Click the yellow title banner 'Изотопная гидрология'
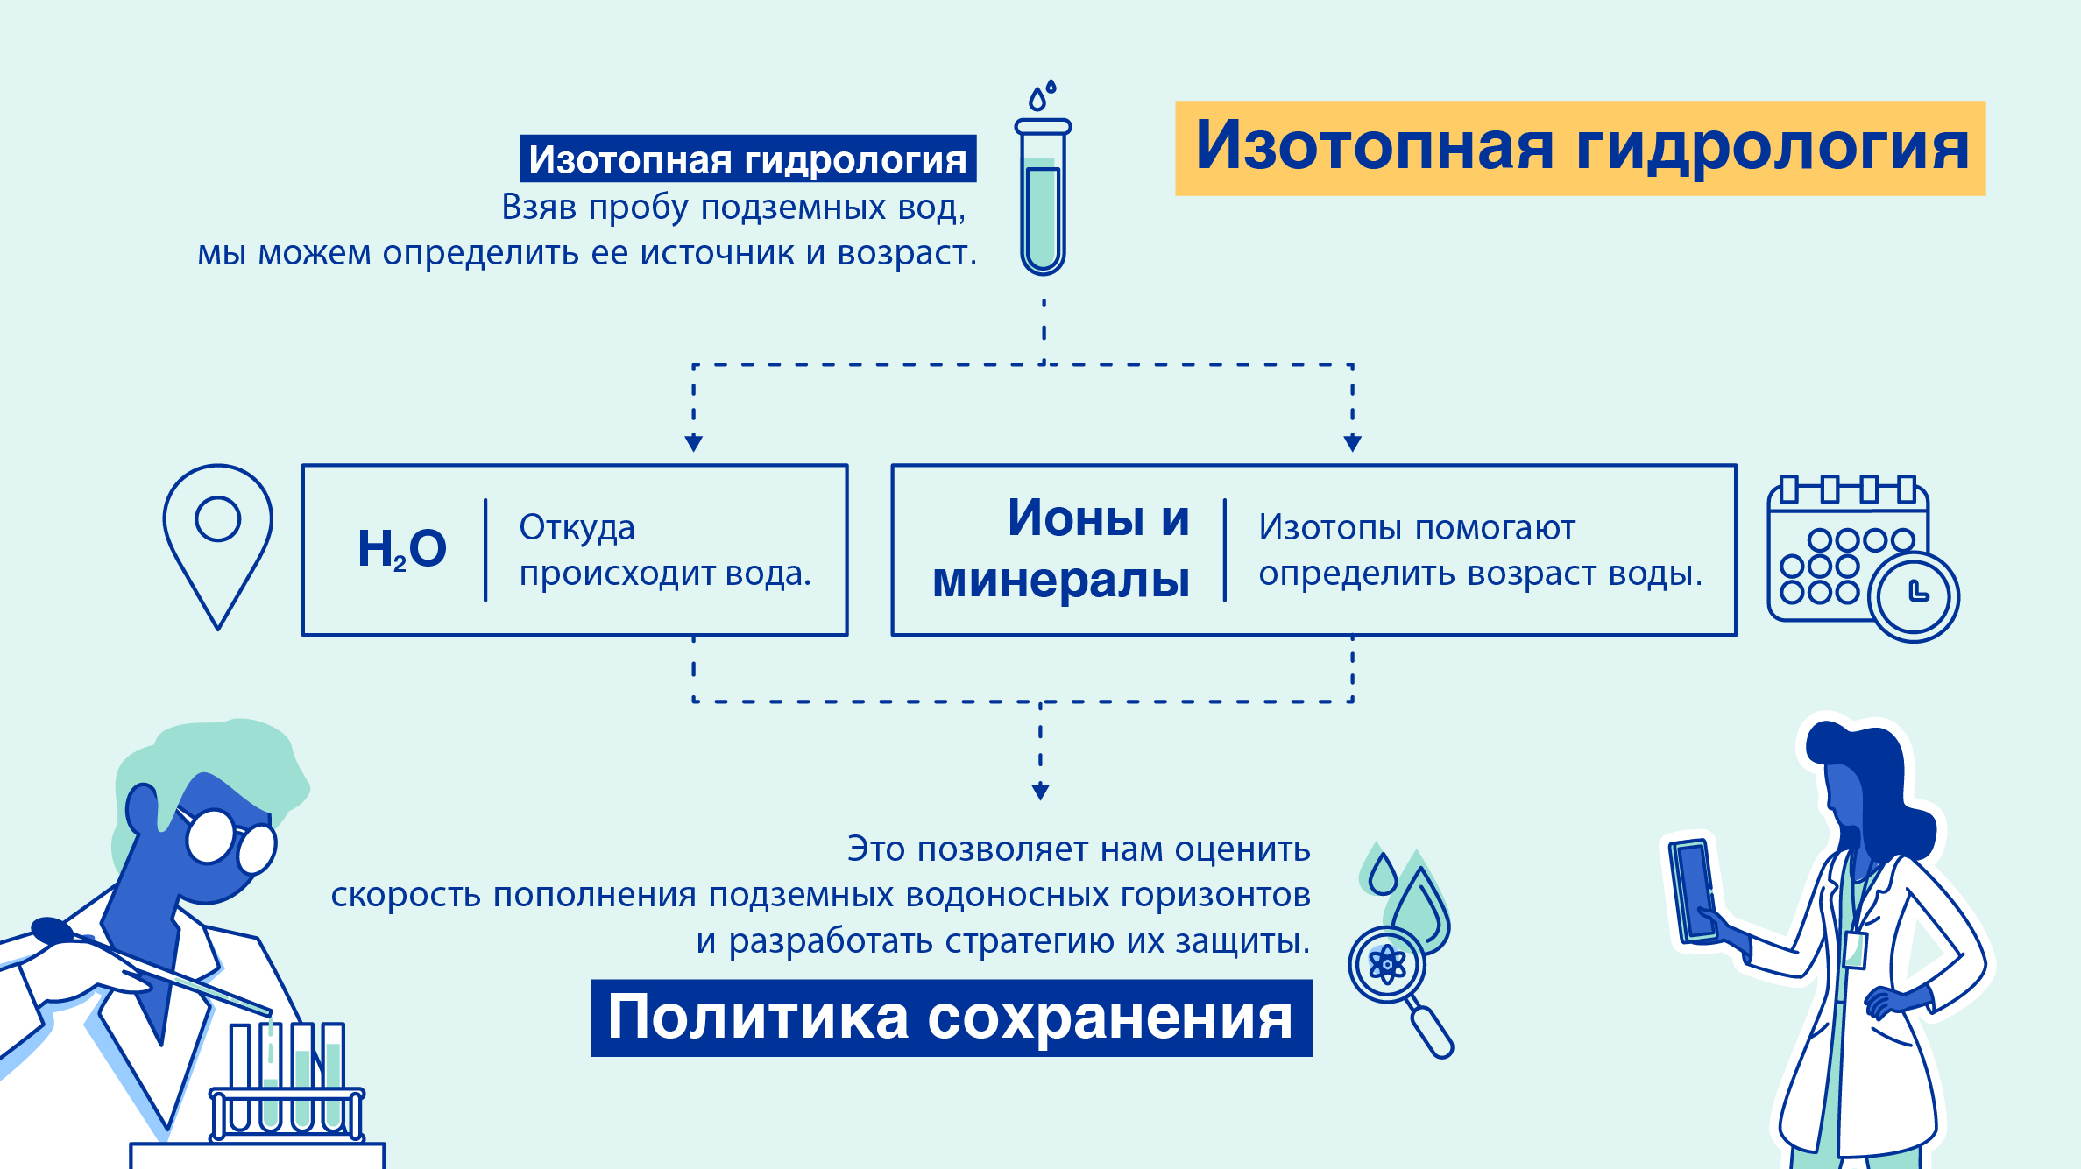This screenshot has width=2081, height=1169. coord(1580,148)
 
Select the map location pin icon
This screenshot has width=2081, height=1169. coord(217,546)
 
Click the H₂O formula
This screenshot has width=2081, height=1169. coord(402,549)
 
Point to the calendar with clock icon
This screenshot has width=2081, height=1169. coord(1863,559)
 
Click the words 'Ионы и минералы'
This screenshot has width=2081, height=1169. coord(1061,549)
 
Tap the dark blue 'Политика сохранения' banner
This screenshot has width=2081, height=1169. coord(952,1018)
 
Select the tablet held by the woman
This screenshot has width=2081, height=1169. coord(1692,890)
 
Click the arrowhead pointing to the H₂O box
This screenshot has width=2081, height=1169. coord(694,443)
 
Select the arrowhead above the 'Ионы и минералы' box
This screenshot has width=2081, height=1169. coord(1353,443)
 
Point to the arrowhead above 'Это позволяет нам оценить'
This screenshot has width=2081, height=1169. coord(1041,792)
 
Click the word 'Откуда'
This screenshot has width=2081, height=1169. coord(577,528)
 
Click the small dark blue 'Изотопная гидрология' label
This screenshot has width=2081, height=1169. coord(748,158)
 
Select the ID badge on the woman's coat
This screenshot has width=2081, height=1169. coord(1855,950)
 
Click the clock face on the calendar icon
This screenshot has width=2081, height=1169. coord(1914,596)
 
